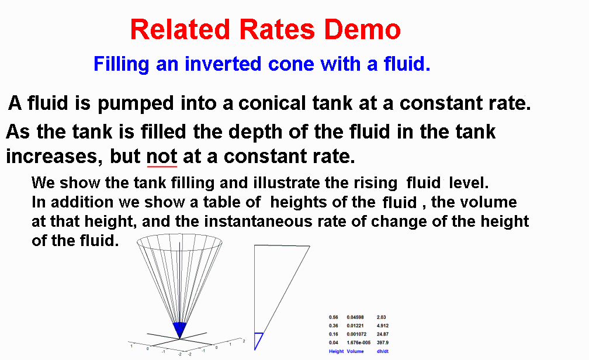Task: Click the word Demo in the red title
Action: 362,29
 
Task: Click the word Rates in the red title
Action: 277,29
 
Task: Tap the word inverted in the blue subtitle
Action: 223,64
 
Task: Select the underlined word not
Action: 161,156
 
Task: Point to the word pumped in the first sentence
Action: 136,104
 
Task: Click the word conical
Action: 272,103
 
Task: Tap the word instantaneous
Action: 258,221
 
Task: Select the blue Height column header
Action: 336,351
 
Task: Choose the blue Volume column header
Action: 355,351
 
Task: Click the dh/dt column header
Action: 382,351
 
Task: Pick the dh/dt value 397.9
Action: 382,342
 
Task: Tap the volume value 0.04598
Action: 355,317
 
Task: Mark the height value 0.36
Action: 333,326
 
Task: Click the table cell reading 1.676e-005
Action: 358,342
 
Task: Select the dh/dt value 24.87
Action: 382,334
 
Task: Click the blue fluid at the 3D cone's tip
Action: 179,329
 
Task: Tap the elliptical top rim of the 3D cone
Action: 179,251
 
